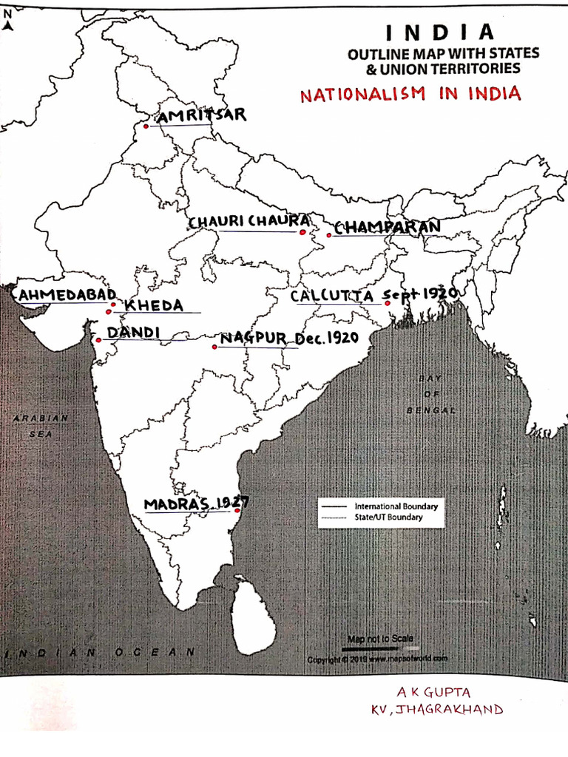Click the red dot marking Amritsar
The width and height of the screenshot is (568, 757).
click(x=146, y=126)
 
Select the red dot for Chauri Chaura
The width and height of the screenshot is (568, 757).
click(x=302, y=231)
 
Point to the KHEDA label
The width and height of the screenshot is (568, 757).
click(x=153, y=305)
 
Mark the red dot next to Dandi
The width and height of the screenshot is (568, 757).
click(x=98, y=340)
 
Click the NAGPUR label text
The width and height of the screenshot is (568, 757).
click(x=253, y=338)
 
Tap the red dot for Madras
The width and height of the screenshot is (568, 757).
click(x=237, y=510)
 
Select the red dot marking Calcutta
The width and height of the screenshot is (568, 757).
click(x=388, y=302)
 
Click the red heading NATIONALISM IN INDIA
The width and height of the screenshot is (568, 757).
click(x=410, y=95)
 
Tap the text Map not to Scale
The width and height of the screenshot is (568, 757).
click(x=380, y=638)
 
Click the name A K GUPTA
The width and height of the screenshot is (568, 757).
click(x=433, y=693)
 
